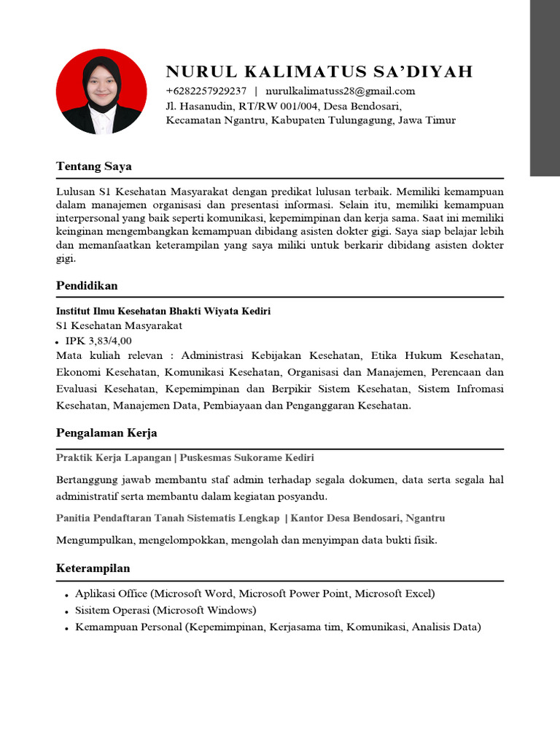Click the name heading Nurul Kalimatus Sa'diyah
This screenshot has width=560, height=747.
click(319, 71)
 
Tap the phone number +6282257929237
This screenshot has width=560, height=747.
click(206, 91)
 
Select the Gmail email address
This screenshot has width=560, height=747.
click(340, 91)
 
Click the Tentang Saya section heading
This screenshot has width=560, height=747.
click(94, 166)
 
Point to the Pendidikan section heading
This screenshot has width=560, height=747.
click(87, 285)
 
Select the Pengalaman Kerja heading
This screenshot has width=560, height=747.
click(106, 433)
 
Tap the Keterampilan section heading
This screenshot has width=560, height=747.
click(93, 568)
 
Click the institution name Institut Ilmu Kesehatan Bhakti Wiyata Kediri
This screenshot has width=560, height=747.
click(163, 311)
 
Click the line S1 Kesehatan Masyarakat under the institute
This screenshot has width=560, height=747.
click(119, 326)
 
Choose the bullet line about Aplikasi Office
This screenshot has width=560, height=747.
click(254, 594)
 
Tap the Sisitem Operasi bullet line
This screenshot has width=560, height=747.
click(166, 610)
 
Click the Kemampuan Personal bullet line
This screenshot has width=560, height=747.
click(278, 627)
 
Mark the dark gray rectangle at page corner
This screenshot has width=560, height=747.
click(545, 88)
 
